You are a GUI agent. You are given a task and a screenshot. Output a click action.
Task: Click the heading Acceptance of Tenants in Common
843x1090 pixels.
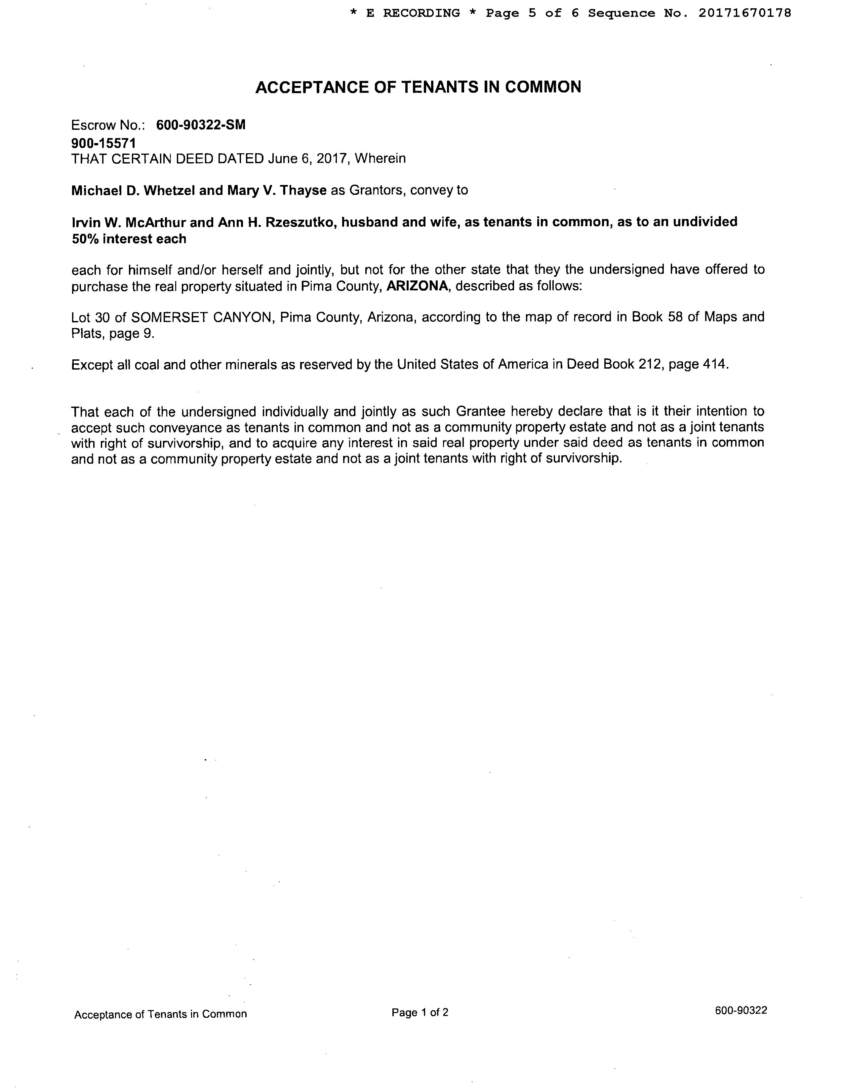[418, 87]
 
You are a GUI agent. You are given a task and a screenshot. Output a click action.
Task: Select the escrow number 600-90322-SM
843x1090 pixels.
[201, 125]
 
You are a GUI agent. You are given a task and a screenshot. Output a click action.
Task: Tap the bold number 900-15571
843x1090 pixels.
[103, 143]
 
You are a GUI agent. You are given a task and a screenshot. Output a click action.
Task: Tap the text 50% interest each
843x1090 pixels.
[129, 239]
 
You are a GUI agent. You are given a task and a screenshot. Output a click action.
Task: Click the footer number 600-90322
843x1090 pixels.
[741, 1011]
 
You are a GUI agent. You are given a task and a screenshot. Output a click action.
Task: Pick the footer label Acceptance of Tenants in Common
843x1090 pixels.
[160, 1014]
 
